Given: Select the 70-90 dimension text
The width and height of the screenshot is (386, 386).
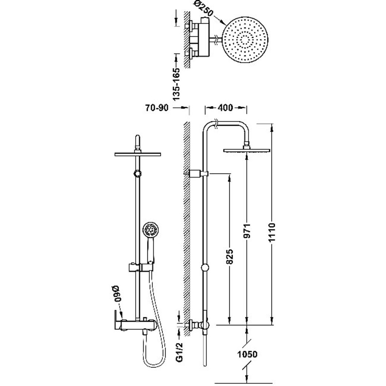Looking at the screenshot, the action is [x=156, y=107].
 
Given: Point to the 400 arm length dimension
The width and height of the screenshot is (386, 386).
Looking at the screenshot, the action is [x=225, y=107].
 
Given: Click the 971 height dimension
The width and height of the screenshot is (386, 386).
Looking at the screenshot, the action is [x=247, y=231].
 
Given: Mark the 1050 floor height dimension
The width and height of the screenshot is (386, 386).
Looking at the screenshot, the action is [x=247, y=354].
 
